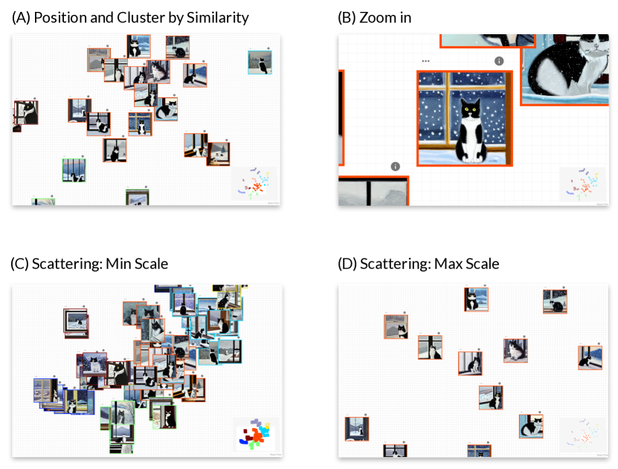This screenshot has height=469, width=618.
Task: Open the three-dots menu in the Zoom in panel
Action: point(425,61)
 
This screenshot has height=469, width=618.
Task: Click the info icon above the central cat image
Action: point(499,61)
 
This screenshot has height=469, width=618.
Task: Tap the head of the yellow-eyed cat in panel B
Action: point(469,110)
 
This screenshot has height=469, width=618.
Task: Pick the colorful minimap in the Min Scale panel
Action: point(255,434)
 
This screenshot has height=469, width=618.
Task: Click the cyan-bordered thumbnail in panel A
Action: point(259,62)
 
